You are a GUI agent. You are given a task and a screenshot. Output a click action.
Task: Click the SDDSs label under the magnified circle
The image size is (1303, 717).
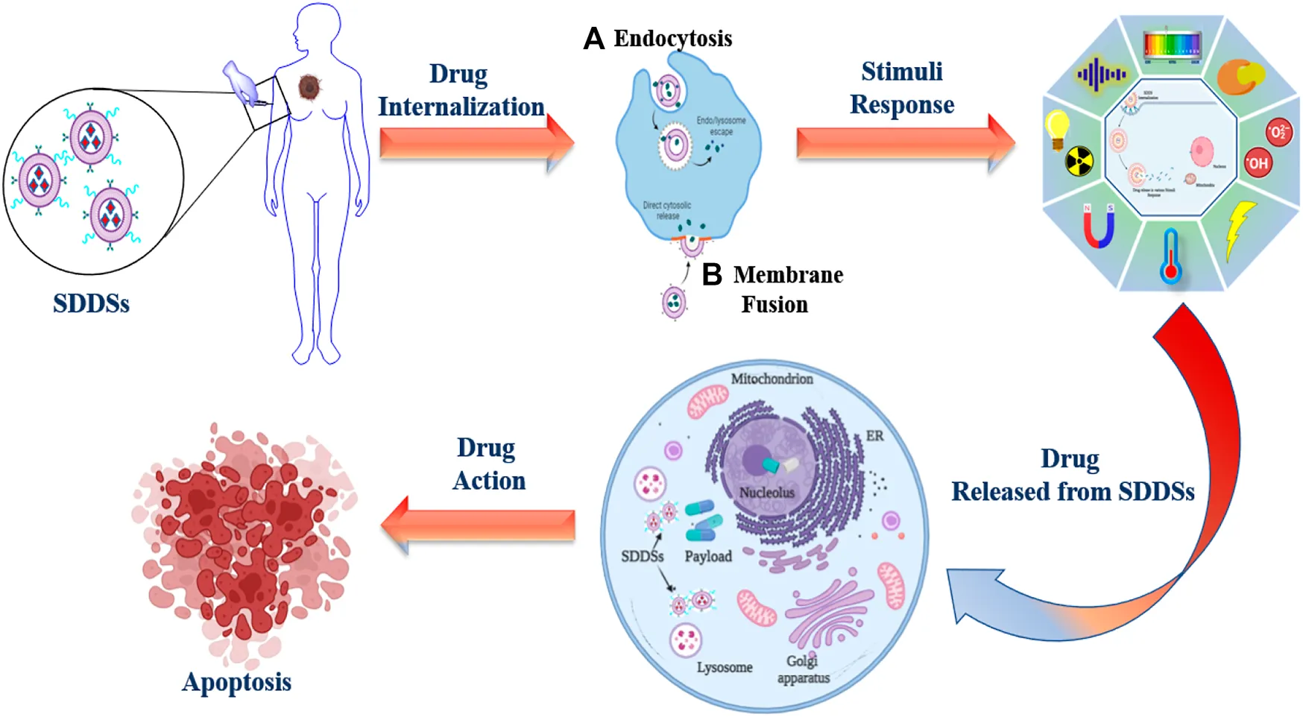91,303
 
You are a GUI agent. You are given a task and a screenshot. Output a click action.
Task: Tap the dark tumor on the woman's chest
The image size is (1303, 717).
309,87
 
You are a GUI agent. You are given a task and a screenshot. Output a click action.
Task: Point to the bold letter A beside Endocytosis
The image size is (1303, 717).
593,38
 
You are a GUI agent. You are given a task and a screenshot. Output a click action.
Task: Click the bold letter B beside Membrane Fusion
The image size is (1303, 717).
712,274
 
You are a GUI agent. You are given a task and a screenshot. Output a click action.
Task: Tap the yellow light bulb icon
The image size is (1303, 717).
1057,128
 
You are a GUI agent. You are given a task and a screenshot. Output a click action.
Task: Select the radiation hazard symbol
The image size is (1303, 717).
1079,161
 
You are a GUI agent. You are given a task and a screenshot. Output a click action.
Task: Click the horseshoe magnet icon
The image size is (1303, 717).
1098,226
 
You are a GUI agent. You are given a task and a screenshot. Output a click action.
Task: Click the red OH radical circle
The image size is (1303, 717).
1258,163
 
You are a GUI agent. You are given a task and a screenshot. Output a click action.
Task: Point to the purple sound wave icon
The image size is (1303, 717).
1100,75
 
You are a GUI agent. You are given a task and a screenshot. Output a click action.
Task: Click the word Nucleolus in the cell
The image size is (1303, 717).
766,493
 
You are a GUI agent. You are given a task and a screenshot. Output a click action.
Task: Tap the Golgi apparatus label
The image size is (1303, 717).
803,669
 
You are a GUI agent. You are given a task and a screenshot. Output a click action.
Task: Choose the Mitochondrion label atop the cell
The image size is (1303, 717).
772,379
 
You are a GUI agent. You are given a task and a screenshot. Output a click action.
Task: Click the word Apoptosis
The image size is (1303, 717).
236,682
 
